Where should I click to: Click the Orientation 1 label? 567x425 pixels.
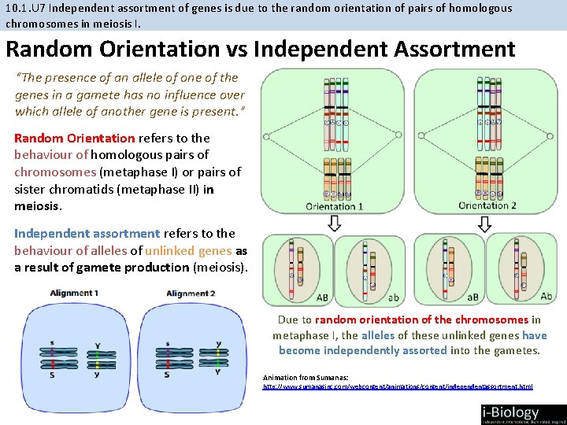pyautogui.click(x=334, y=207)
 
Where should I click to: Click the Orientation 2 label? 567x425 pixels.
pyautogui.click(x=487, y=206)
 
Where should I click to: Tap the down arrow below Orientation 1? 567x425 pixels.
pyautogui.click(x=334, y=224)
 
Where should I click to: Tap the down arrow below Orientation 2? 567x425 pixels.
pyautogui.click(x=485, y=224)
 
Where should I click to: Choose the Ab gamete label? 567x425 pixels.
pyautogui.click(x=546, y=297)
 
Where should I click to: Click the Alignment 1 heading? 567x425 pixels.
pyautogui.click(x=74, y=293)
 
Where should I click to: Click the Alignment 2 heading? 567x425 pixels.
pyautogui.click(x=191, y=294)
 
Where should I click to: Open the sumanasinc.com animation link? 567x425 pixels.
pyautogui.click(x=397, y=386)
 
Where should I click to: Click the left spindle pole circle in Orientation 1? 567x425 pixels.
pyautogui.click(x=266, y=135)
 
